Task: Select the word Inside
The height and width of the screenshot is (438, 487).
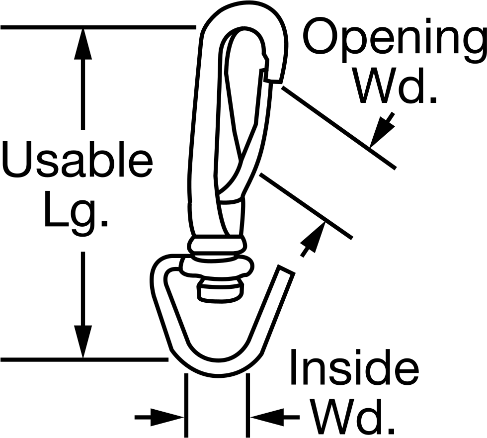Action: [354, 367]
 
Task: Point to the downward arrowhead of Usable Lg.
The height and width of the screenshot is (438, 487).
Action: [83, 342]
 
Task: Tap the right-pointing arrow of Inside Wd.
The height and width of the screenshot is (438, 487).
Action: [160, 417]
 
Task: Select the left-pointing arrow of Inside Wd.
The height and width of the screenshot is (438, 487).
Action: [275, 417]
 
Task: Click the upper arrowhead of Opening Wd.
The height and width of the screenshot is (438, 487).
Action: [382, 130]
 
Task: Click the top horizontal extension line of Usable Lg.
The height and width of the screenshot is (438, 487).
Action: [98, 28]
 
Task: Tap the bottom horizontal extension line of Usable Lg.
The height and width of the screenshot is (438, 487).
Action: [84, 360]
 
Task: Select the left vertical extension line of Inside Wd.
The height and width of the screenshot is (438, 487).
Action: [186, 405]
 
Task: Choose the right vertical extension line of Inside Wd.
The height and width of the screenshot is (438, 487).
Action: [248, 405]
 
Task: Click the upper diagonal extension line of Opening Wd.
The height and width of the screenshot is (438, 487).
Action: [339, 128]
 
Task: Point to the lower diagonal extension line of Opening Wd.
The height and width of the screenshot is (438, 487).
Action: [306, 206]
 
